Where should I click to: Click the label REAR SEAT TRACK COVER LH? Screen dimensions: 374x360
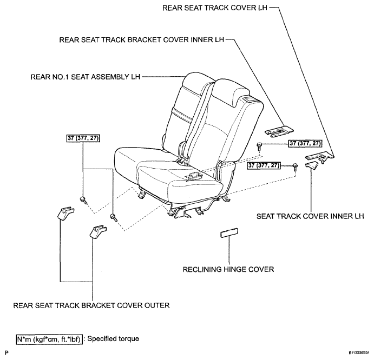[215, 8]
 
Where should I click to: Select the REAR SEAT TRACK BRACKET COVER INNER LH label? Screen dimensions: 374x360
[142, 39]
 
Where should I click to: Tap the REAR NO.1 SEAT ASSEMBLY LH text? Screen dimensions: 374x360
[86, 77]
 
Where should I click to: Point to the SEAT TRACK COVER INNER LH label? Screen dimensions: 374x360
[310, 216]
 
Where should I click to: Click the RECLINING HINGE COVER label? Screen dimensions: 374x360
[228, 269]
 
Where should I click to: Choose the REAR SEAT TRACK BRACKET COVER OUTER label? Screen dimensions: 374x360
[91, 305]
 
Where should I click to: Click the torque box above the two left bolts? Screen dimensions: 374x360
[83, 138]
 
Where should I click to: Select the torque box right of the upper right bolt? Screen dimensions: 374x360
[305, 143]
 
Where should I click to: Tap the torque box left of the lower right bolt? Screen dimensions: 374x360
[264, 165]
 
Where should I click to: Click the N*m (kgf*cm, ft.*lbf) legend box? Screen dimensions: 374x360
[50, 339]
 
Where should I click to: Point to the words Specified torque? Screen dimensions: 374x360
[113, 339]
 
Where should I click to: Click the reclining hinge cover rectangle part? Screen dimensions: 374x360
[229, 233]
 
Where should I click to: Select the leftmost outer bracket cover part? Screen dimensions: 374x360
[65, 213]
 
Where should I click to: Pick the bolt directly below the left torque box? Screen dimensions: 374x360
[83, 199]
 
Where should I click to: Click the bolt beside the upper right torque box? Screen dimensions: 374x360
[259, 145]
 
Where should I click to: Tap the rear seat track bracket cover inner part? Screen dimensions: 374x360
[279, 131]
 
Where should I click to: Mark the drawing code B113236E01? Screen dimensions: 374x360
[359, 352]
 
